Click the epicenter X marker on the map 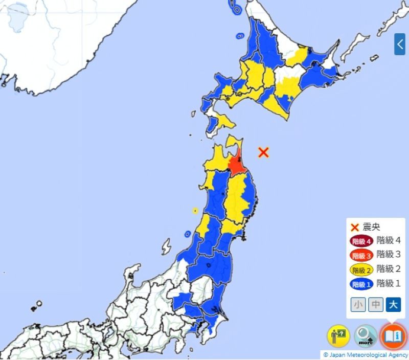coord(263,152)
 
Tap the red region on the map coord(237,166)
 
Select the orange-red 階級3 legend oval coord(361,255)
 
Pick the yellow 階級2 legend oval coord(361,269)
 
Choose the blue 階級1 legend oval coord(361,284)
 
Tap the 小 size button coord(358,305)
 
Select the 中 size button coord(376,305)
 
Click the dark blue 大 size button coord(393,305)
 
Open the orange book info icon coord(393,336)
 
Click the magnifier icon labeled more coord(366,336)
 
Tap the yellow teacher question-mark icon coord(338,336)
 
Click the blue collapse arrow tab coord(399,44)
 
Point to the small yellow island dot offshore coord(195,210)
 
